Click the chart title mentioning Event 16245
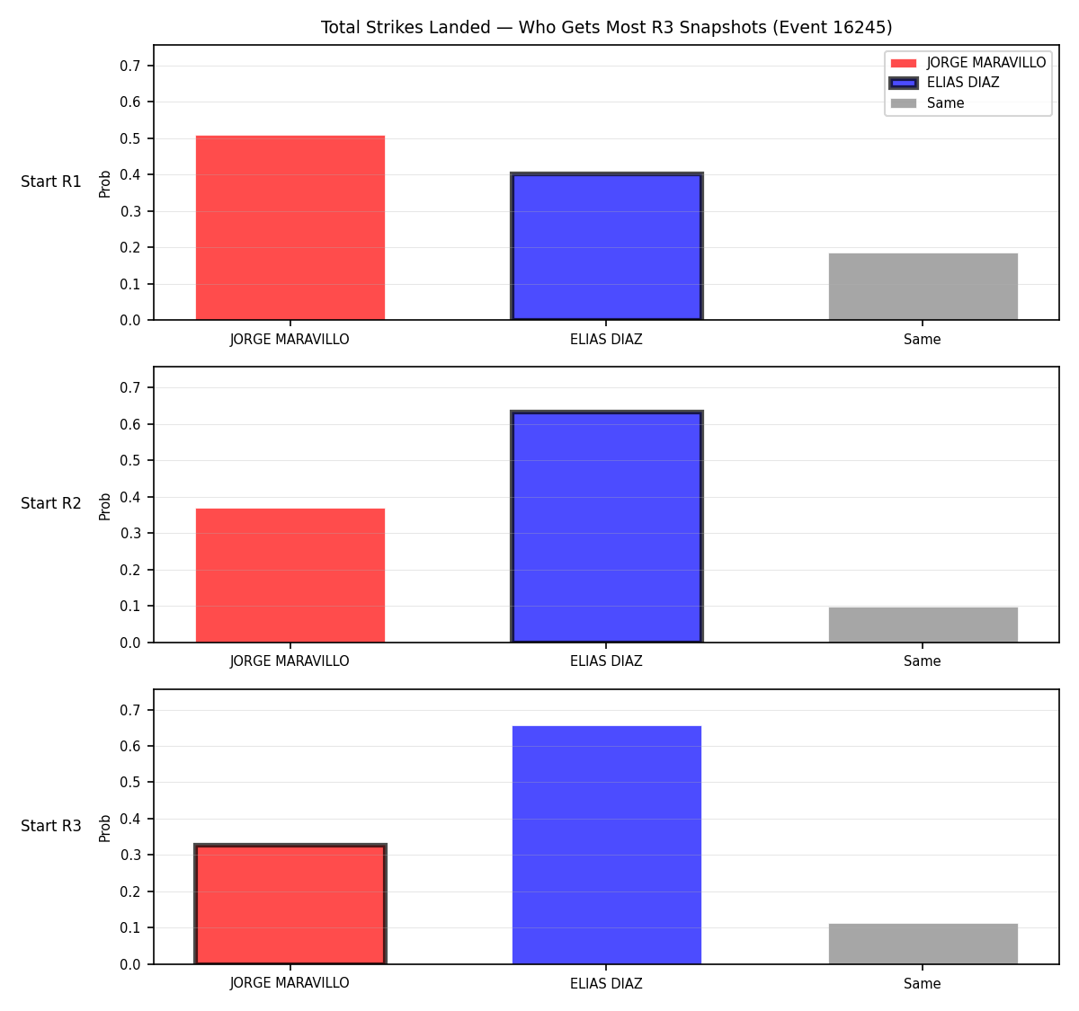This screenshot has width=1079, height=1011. (x=606, y=27)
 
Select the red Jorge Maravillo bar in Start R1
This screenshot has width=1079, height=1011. (x=290, y=227)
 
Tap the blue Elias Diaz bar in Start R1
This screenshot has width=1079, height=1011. (x=606, y=246)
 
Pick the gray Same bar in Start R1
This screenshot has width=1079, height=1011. (x=923, y=287)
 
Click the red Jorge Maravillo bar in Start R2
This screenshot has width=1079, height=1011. (x=290, y=575)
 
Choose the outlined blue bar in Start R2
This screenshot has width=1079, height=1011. (x=606, y=526)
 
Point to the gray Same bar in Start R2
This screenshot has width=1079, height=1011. (x=923, y=625)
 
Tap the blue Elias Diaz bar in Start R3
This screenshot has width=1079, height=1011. (x=606, y=845)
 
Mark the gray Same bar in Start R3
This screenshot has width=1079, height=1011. (x=923, y=944)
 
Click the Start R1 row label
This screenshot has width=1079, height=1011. (x=50, y=182)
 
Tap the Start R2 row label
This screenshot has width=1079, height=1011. (x=50, y=503)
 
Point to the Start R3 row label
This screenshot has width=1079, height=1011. (x=50, y=826)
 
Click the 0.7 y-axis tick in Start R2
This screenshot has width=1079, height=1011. (x=129, y=388)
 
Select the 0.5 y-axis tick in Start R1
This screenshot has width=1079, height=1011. (x=129, y=138)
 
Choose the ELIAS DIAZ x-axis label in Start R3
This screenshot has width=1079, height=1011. (x=606, y=983)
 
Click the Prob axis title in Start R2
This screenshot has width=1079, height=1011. (x=104, y=507)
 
